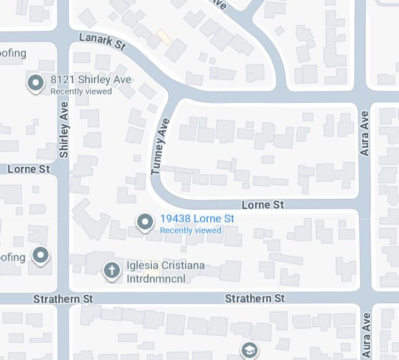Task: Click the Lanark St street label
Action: (x=102, y=42)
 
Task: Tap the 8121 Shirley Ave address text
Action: (x=90, y=80)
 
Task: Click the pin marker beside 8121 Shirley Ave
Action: (x=36, y=82)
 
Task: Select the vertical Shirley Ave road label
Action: (x=64, y=138)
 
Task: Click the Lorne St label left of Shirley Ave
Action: (x=28, y=169)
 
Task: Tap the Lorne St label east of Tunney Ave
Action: (x=263, y=204)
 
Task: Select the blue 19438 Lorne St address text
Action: (x=197, y=218)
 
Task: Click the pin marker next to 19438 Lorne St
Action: (x=145, y=222)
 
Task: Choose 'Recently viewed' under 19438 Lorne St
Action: (x=191, y=230)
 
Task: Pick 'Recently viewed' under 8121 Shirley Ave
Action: (x=81, y=91)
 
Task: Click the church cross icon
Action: (x=111, y=270)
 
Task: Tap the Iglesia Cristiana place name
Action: (x=165, y=265)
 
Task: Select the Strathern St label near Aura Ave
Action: (x=255, y=298)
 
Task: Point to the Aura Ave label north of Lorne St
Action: (x=365, y=133)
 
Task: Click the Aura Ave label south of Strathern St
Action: (x=366, y=335)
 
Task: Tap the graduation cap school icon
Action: (x=249, y=350)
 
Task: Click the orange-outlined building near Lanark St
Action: (x=165, y=38)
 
